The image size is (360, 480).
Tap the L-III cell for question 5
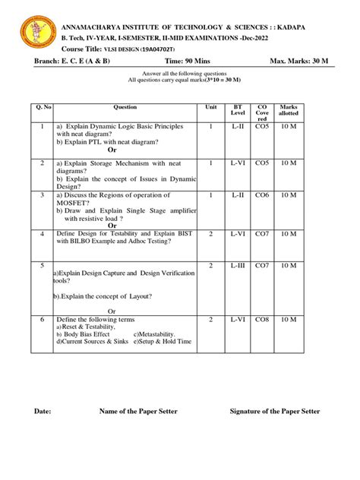pos(238,266)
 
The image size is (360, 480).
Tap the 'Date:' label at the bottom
pos(43,411)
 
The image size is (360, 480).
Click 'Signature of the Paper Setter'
pos(275,411)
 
